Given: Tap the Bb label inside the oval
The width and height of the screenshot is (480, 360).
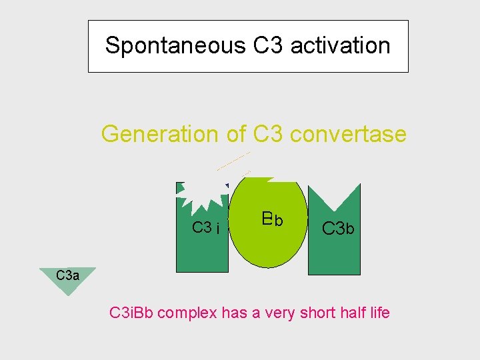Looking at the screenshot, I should (x=272, y=219).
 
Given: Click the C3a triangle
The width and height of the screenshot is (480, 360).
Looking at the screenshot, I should (x=67, y=279).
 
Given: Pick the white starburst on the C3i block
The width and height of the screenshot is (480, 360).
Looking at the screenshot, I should (x=203, y=192).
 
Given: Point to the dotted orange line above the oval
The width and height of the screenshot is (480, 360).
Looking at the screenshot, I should (x=233, y=161).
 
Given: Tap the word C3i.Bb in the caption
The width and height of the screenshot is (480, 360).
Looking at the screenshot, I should (x=134, y=311).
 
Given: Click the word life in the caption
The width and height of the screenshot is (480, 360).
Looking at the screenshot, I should (x=378, y=311).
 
